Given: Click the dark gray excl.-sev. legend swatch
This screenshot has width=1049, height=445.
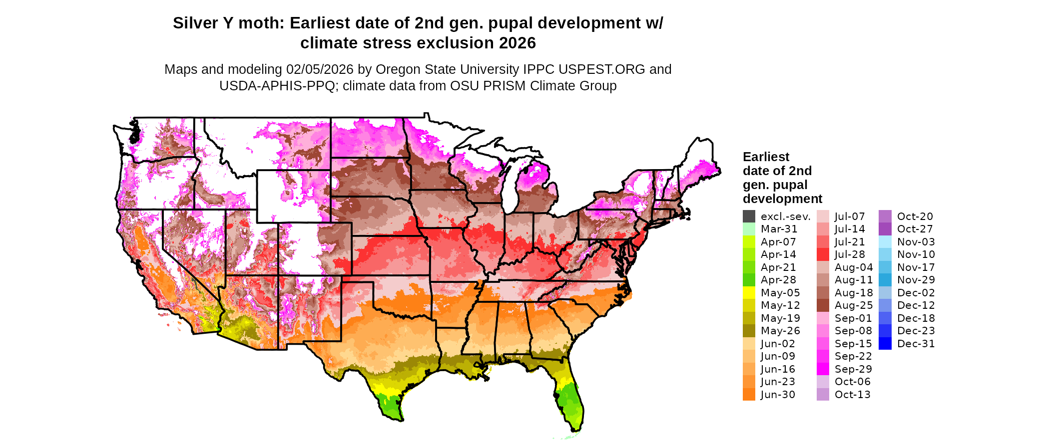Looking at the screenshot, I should click(749, 216).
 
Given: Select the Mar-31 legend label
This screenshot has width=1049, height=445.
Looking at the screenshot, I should click(779, 229).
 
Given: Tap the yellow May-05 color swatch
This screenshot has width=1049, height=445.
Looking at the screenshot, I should click(749, 293).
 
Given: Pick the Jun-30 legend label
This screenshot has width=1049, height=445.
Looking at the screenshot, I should click(778, 395).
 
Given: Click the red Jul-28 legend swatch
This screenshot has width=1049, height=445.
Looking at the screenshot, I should click(823, 254).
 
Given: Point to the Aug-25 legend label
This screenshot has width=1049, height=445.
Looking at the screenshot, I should click(854, 305).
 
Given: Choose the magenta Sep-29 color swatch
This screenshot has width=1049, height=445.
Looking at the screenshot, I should click(823, 369).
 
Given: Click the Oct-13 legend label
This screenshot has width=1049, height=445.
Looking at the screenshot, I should click(852, 395).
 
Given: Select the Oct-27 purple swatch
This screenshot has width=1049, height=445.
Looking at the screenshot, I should click(885, 229).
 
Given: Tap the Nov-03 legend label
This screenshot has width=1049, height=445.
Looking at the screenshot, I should click(916, 242).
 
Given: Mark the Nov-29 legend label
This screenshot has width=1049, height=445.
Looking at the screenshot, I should click(916, 280).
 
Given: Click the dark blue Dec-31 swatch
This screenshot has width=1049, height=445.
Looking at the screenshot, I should click(885, 344).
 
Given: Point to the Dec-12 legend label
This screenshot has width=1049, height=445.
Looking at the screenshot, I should click(916, 305).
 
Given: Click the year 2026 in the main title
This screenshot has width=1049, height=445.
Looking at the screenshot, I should click(515, 43).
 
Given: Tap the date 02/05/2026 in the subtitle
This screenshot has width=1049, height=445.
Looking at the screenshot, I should click(320, 69).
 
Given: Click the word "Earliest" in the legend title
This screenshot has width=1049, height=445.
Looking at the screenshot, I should click(766, 157).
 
